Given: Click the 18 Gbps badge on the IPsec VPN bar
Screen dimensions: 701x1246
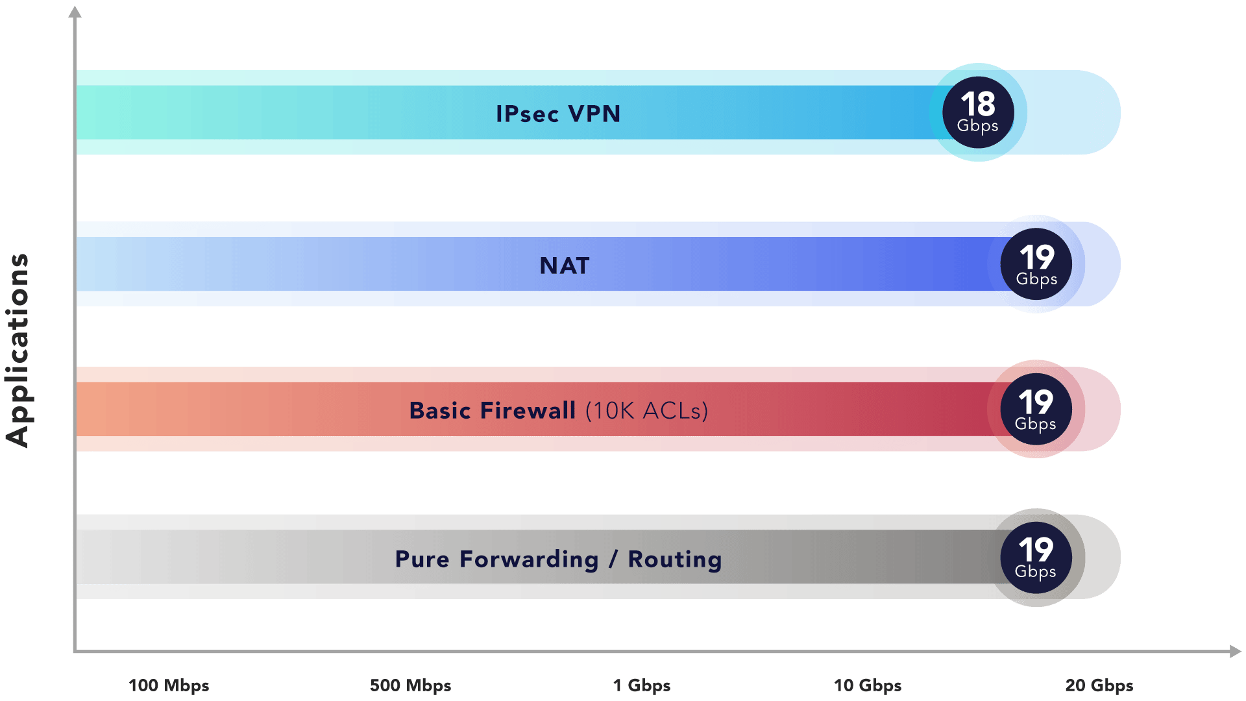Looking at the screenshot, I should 978,112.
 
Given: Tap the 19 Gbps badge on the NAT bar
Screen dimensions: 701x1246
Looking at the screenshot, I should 1036,264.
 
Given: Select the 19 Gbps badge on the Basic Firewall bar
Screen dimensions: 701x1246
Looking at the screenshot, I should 1036,409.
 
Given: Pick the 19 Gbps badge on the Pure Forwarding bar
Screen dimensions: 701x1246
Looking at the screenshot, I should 1036,557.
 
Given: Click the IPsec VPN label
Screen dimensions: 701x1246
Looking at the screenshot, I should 558,114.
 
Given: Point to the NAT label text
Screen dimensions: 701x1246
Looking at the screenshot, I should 565,265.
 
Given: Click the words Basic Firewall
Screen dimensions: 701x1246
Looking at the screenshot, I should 492,410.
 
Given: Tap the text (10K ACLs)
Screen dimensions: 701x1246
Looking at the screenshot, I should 646,410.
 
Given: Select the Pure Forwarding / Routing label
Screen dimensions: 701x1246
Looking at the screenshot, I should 558,559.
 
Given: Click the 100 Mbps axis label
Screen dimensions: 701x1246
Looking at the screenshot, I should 169,685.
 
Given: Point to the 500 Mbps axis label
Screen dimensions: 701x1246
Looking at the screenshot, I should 410,685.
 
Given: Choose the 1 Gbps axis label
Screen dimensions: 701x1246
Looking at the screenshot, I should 642,685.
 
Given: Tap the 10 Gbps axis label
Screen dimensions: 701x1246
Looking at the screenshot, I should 868,685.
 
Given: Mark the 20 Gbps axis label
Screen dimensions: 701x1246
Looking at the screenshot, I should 1099,685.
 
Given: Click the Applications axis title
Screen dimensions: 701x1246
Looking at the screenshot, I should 18,350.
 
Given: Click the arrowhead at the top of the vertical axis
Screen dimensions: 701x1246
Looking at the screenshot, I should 75,12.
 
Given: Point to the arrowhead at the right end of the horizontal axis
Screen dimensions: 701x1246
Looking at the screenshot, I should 1235,651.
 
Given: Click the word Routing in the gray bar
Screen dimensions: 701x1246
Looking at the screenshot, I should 675,559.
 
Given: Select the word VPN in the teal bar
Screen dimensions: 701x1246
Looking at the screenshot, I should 594,114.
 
